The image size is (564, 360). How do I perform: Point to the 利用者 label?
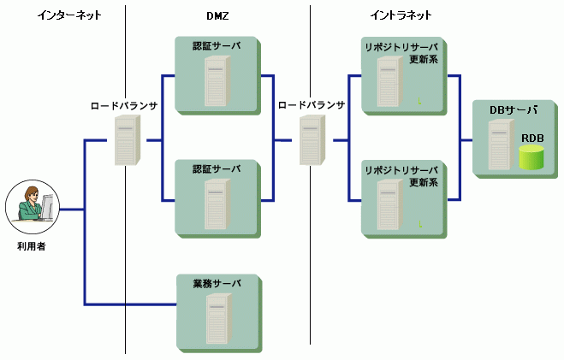pos(31,248)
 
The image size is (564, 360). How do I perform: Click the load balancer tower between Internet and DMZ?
pos(126,140)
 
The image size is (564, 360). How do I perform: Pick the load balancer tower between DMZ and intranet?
pos(311,140)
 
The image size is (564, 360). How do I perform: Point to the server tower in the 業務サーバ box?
pos(217,318)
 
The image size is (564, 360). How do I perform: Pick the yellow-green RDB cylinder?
pos(531,157)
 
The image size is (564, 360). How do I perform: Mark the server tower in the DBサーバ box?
pos(500,145)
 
